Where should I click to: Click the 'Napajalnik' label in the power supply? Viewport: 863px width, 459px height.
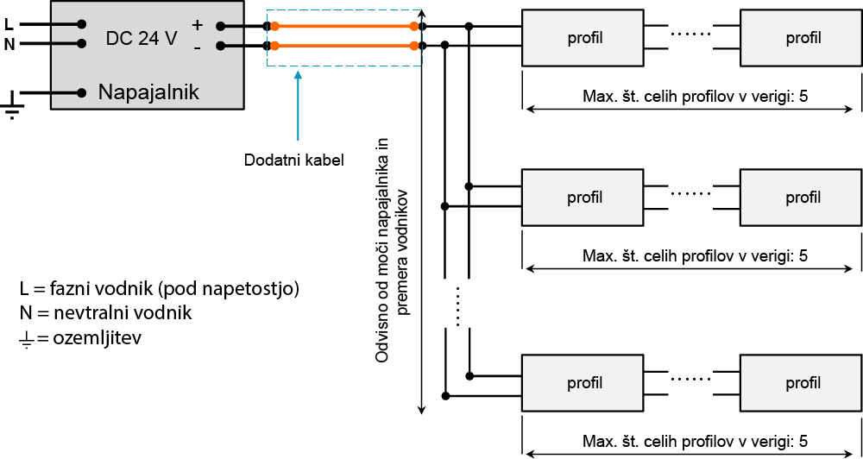click(148, 91)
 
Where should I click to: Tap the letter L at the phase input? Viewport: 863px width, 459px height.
click(9, 25)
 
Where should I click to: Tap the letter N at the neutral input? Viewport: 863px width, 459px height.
click(9, 44)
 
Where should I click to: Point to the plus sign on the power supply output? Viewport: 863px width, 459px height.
click(197, 26)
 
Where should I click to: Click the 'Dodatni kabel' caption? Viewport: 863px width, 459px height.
click(293, 160)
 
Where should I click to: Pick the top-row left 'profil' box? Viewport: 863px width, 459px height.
click(584, 38)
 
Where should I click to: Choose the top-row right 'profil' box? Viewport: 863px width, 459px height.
click(803, 38)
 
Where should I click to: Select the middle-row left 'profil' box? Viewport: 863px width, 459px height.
click(584, 198)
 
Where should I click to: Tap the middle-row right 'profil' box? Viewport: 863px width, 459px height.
click(803, 198)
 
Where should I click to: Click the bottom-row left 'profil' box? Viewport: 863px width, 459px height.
click(584, 383)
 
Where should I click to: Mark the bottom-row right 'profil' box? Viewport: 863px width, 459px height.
click(803, 383)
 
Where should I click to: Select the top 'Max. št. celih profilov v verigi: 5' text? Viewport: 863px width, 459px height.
click(696, 95)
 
